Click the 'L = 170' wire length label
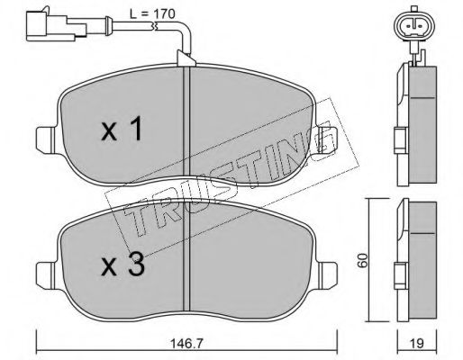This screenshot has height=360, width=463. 152,13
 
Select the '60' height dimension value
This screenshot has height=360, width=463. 363,260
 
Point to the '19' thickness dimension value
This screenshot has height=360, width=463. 417,343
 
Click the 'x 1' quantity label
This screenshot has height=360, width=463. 122,129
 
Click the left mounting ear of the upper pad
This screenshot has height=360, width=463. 46,140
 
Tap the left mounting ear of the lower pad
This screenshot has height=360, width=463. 46,276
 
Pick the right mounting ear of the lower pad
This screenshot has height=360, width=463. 328,276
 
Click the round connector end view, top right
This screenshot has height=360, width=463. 414,26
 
